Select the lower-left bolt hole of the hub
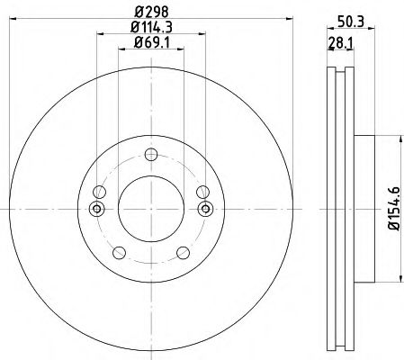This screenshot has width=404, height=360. pos(120,250)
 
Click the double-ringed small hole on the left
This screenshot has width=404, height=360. pos(97,209)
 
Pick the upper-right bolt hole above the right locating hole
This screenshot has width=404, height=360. pos(202,191)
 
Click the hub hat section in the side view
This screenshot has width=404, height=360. pos(365,208)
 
